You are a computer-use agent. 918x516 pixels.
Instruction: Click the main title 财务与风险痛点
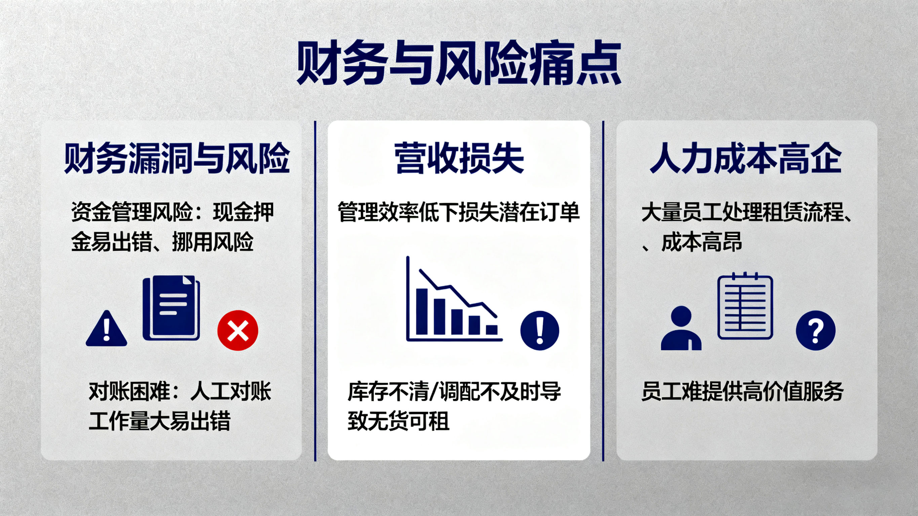[459, 64]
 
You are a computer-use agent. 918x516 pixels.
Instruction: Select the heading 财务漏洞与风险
[177, 159]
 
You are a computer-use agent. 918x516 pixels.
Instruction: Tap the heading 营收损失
[459, 159]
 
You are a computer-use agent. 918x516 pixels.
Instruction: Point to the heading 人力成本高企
[746, 159]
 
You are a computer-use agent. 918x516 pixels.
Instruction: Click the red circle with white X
[238, 330]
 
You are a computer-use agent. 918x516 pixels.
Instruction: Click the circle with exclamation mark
[540, 330]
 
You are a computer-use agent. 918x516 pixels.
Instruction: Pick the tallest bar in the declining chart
[422, 311]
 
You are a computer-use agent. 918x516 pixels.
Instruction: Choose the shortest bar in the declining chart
[492, 330]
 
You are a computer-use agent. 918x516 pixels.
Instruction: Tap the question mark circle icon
[815, 330]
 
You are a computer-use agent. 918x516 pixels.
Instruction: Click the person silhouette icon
[681, 328]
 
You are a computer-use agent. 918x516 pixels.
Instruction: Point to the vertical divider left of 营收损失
[315, 290]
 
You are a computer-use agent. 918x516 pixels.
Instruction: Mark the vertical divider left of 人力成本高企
[603, 290]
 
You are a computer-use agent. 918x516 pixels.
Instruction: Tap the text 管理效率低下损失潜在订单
[459, 212]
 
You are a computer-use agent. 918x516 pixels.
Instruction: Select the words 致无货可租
[398, 421]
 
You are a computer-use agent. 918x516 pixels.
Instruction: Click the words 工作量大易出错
[159, 421]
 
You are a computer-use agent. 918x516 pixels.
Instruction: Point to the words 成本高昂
[701, 242]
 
